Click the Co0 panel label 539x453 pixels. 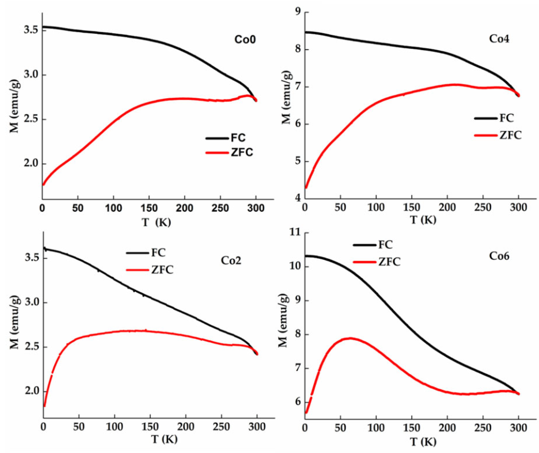(x=245, y=40)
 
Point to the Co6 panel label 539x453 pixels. (x=499, y=256)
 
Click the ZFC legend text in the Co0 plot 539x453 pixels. (x=242, y=153)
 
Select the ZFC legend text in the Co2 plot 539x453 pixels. (x=162, y=270)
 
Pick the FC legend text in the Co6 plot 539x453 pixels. (x=386, y=245)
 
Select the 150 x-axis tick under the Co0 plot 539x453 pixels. (x=149, y=208)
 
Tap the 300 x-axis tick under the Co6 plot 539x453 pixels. (x=518, y=428)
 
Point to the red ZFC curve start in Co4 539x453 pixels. (x=306, y=187)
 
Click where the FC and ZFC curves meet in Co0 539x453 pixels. (x=255, y=100)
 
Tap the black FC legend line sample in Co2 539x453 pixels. (x=137, y=253)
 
